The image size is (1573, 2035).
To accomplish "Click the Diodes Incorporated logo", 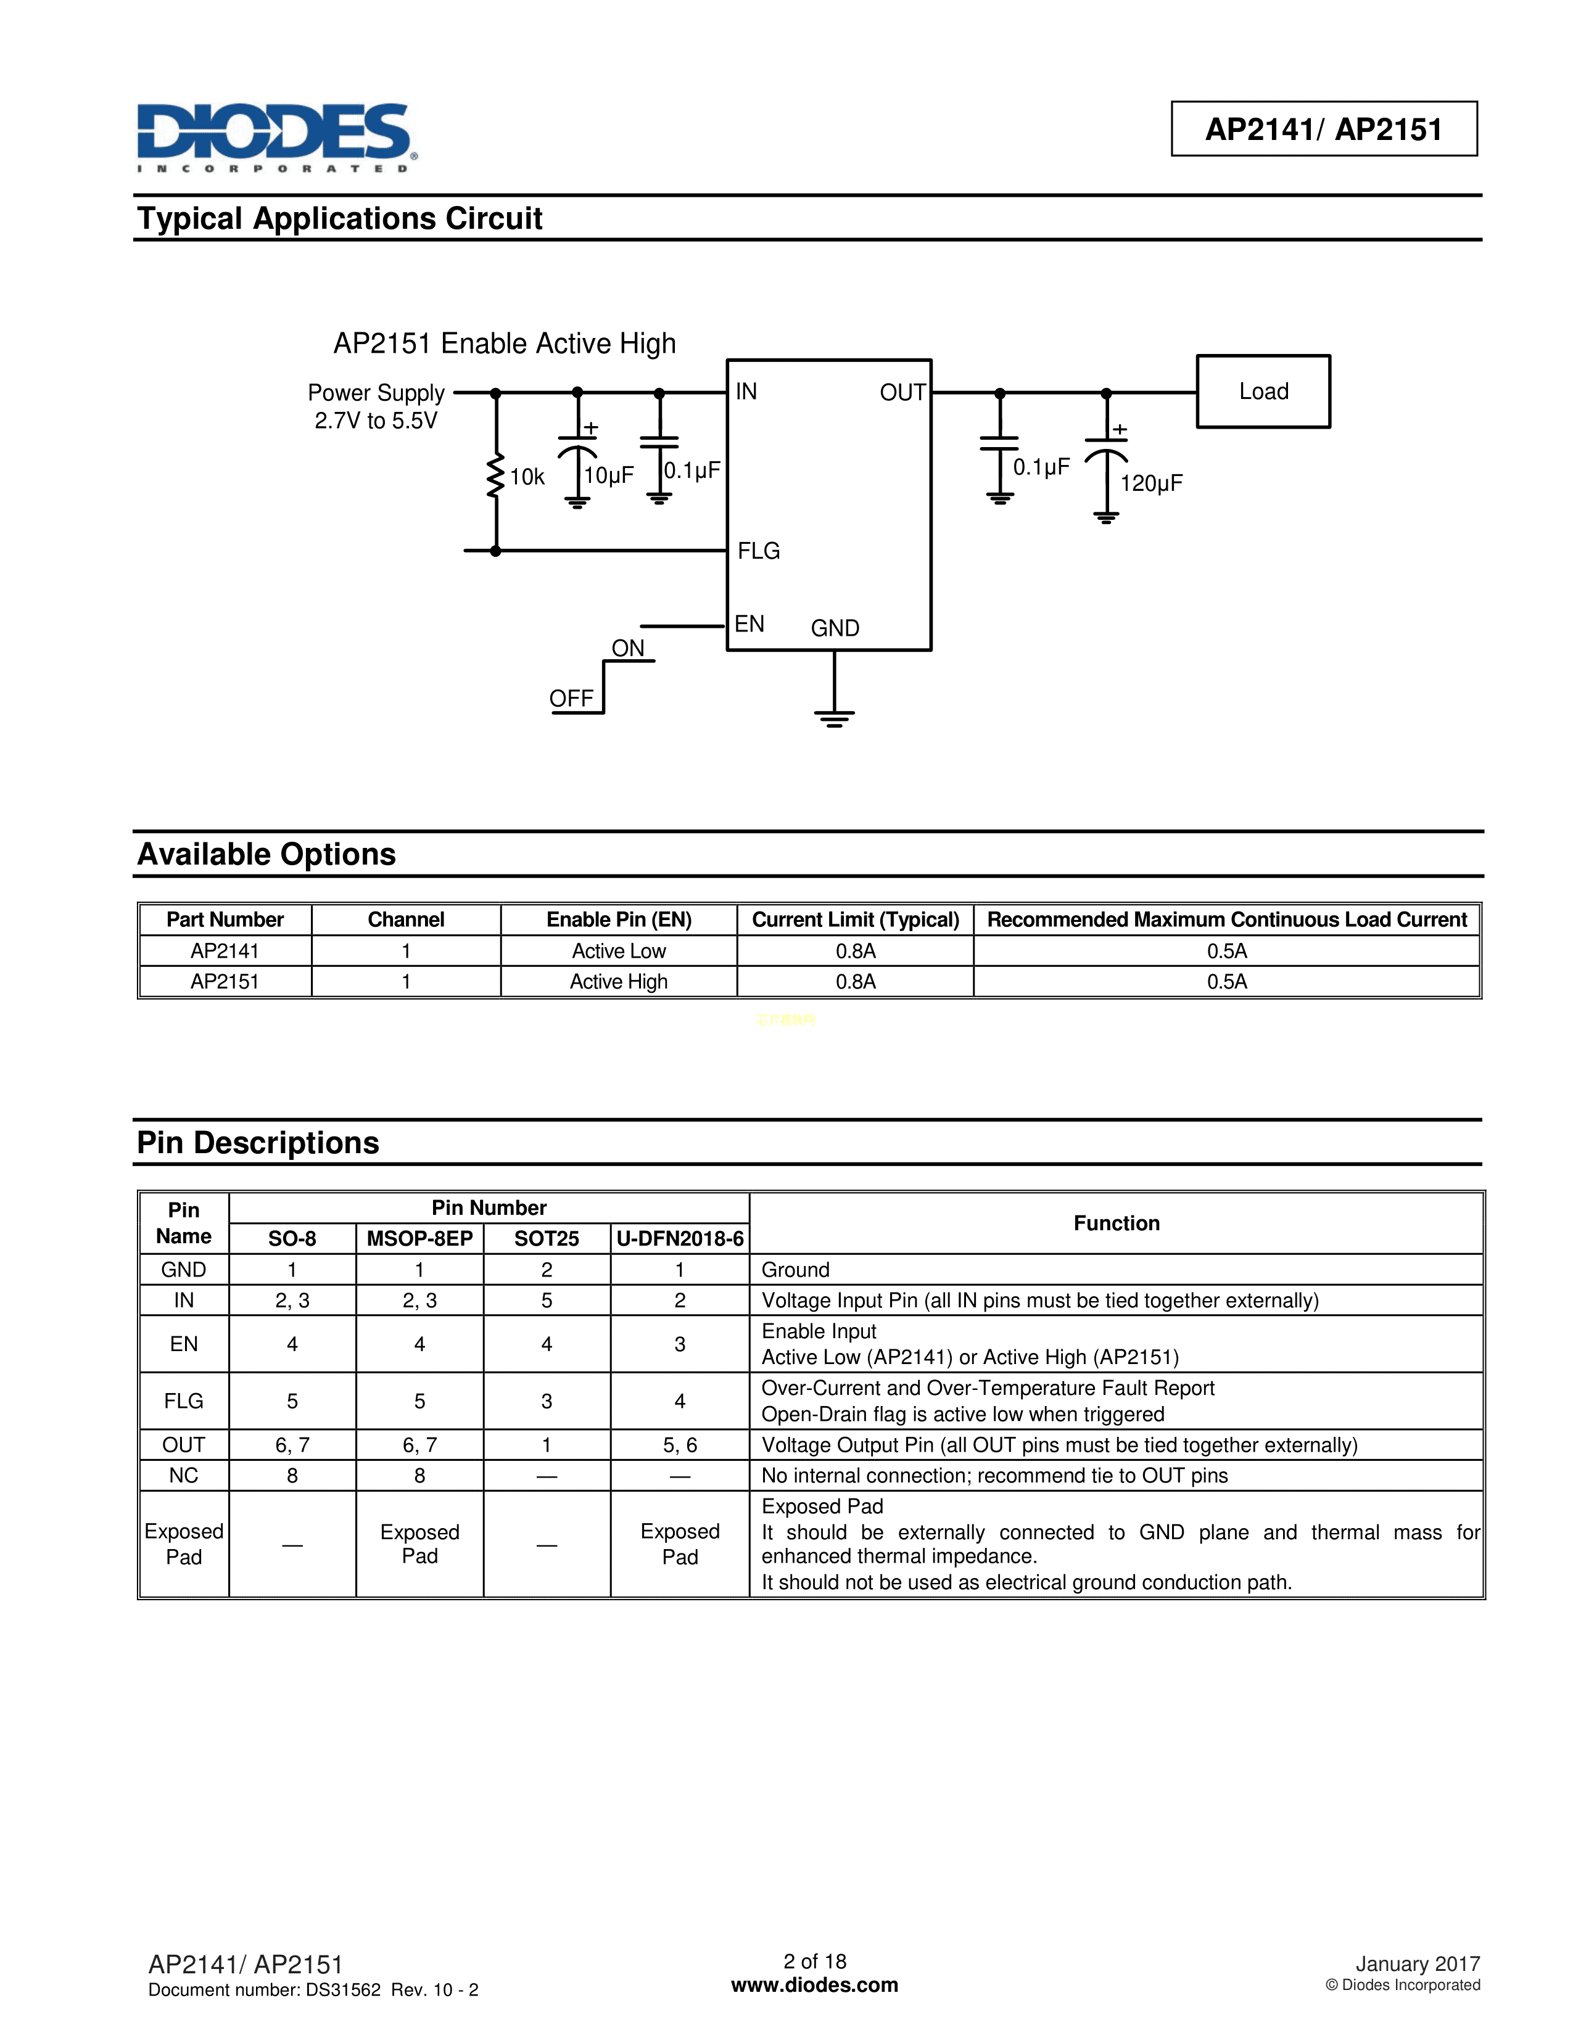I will [x=276, y=136].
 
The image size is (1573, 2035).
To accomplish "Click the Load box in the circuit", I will [x=1263, y=392].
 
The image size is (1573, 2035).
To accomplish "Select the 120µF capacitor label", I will [x=1151, y=483].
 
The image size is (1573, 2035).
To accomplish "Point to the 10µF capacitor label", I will [x=608, y=475].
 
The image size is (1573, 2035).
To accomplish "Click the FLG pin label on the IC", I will [x=759, y=551].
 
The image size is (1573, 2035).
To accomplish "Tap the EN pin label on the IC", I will [x=749, y=623].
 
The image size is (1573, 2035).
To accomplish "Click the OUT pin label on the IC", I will [x=902, y=392].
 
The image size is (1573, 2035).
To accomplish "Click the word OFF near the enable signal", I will [x=571, y=698].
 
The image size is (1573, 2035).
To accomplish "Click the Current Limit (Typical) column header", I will [x=856, y=919].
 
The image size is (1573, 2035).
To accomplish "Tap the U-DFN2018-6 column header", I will [x=680, y=1238].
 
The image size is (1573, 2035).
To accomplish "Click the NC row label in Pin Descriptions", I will [x=184, y=1475].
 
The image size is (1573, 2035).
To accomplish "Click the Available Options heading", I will [x=266, y=855].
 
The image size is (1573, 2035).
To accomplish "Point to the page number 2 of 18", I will [x=814, y=1962].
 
